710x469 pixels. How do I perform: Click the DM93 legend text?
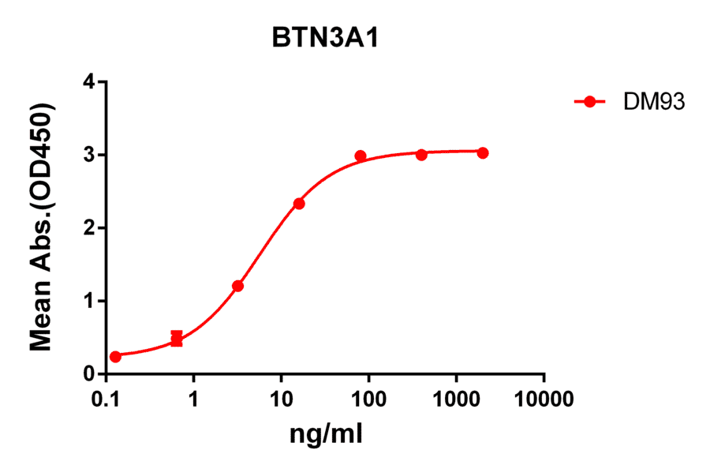[643, 101]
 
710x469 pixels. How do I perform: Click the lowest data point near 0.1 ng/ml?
[116, 357]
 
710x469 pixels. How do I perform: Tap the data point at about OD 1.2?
[238, 286]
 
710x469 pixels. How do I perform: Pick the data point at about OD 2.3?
[299, 204]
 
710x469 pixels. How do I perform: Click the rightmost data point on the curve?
[483, 152]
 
